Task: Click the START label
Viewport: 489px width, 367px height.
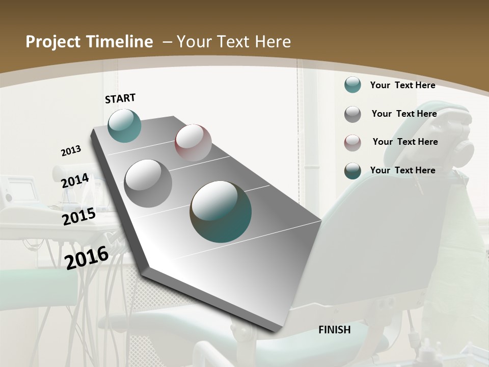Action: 120,98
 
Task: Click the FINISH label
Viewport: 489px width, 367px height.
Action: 334,330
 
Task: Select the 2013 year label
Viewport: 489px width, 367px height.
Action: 71,151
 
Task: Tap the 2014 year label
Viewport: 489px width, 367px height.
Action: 75,180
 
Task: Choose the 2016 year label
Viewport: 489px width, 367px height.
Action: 87,257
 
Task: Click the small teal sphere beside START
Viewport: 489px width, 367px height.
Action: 125,125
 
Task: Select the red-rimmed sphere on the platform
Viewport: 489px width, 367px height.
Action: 193,143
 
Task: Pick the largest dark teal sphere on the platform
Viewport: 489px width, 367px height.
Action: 221,212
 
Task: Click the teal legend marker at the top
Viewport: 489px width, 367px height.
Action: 352,85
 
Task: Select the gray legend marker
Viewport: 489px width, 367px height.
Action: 352,114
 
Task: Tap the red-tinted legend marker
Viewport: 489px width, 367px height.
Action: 352,143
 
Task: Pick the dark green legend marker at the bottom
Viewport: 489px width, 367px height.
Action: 352,171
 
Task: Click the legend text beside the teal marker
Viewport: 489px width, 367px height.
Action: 402,86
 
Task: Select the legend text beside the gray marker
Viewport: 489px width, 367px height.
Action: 404,114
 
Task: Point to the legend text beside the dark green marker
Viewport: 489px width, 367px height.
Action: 402,170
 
